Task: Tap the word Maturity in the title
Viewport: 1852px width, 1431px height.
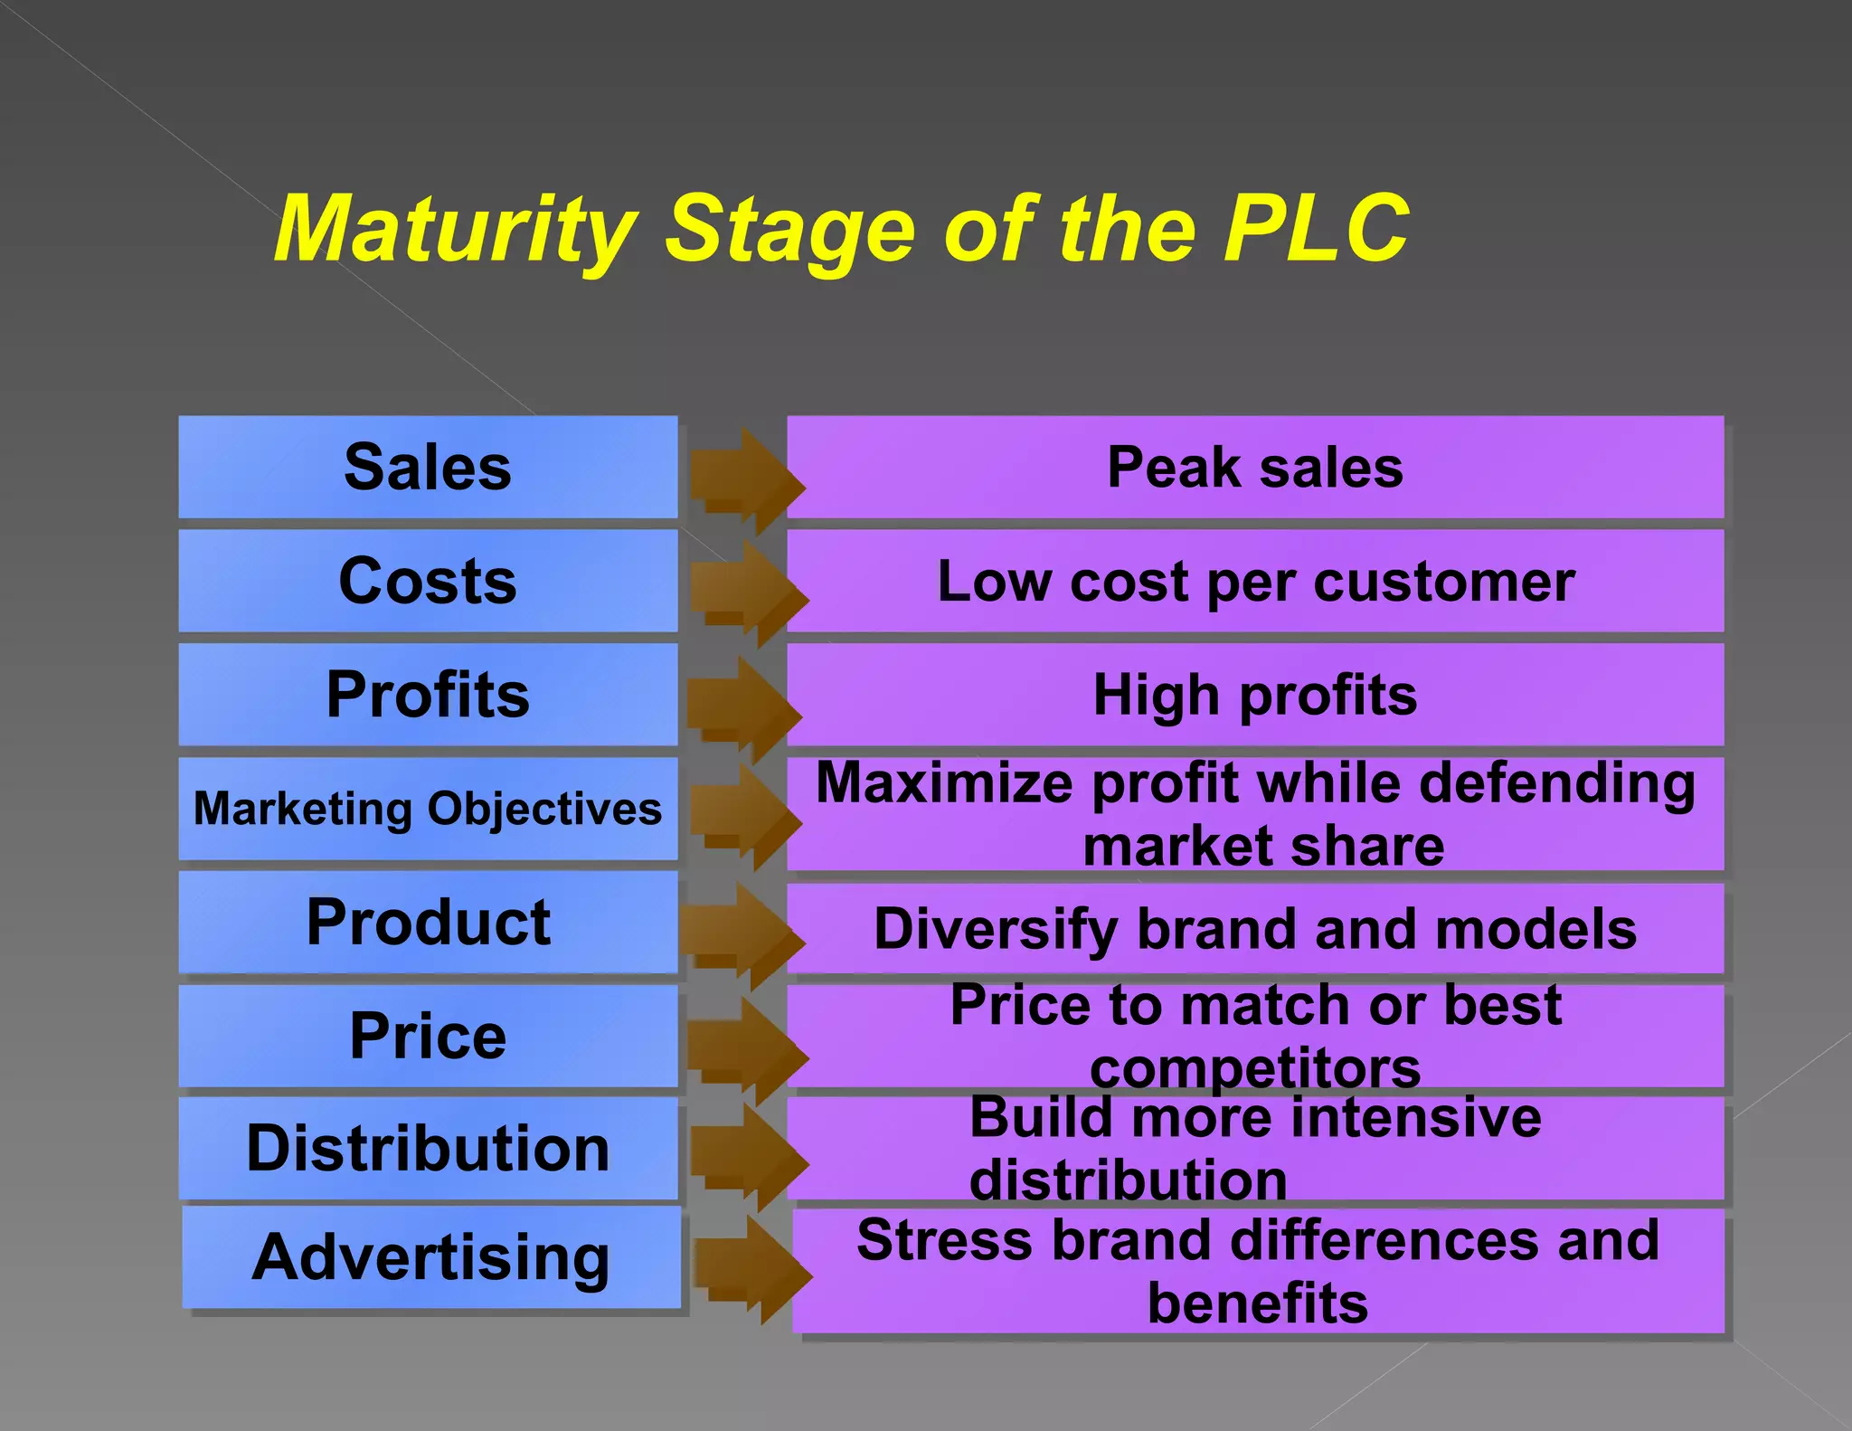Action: pos(456,230)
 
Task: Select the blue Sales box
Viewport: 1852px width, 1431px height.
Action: pos(428,467)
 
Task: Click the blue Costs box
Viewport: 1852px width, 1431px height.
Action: pos(428,581)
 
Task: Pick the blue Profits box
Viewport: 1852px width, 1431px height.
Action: pos(428,695)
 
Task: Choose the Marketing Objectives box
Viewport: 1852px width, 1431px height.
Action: pos(428,809)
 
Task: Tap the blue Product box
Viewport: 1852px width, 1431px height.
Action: pos(428,923)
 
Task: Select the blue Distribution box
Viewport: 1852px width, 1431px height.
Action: pos(428,1149)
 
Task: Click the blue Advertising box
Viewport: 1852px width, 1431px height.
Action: pos(431,1257)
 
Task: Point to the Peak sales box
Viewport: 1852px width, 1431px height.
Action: pos(1255,467)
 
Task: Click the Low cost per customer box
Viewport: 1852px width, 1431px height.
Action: pos(1255,581)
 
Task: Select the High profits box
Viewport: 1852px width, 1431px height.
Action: pos(1255,695)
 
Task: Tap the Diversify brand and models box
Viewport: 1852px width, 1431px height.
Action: pos(1255,929)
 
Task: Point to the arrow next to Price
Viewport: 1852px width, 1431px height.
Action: pos(746,1049)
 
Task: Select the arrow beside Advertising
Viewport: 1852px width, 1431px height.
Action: pos(751,1269)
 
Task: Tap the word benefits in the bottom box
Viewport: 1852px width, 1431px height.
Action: pos(1258,1303)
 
